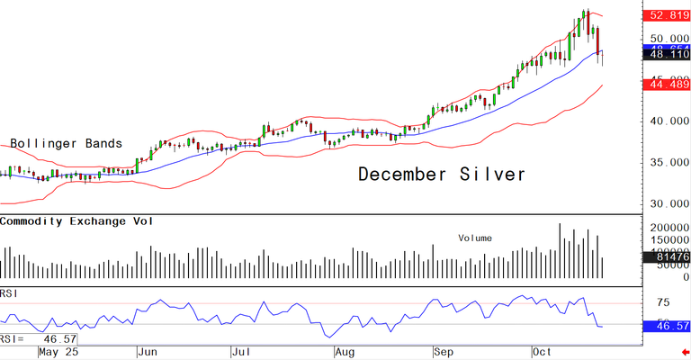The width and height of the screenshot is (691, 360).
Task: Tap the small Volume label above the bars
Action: (476, 238)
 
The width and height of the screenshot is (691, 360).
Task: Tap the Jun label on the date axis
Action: (148, 352)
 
